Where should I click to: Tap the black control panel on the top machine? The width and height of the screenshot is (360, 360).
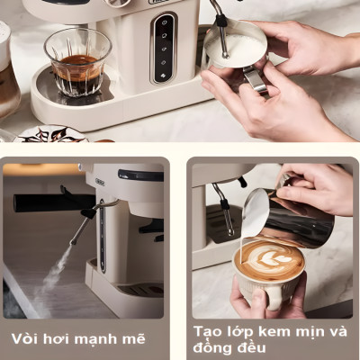click(x=163, y=49)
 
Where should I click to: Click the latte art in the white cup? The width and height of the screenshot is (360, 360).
click(x=268, y=260)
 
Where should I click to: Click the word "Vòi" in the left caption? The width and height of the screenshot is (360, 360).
click(x=27, y=339)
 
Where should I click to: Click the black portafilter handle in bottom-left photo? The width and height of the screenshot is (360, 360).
click(x=49, y=203)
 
